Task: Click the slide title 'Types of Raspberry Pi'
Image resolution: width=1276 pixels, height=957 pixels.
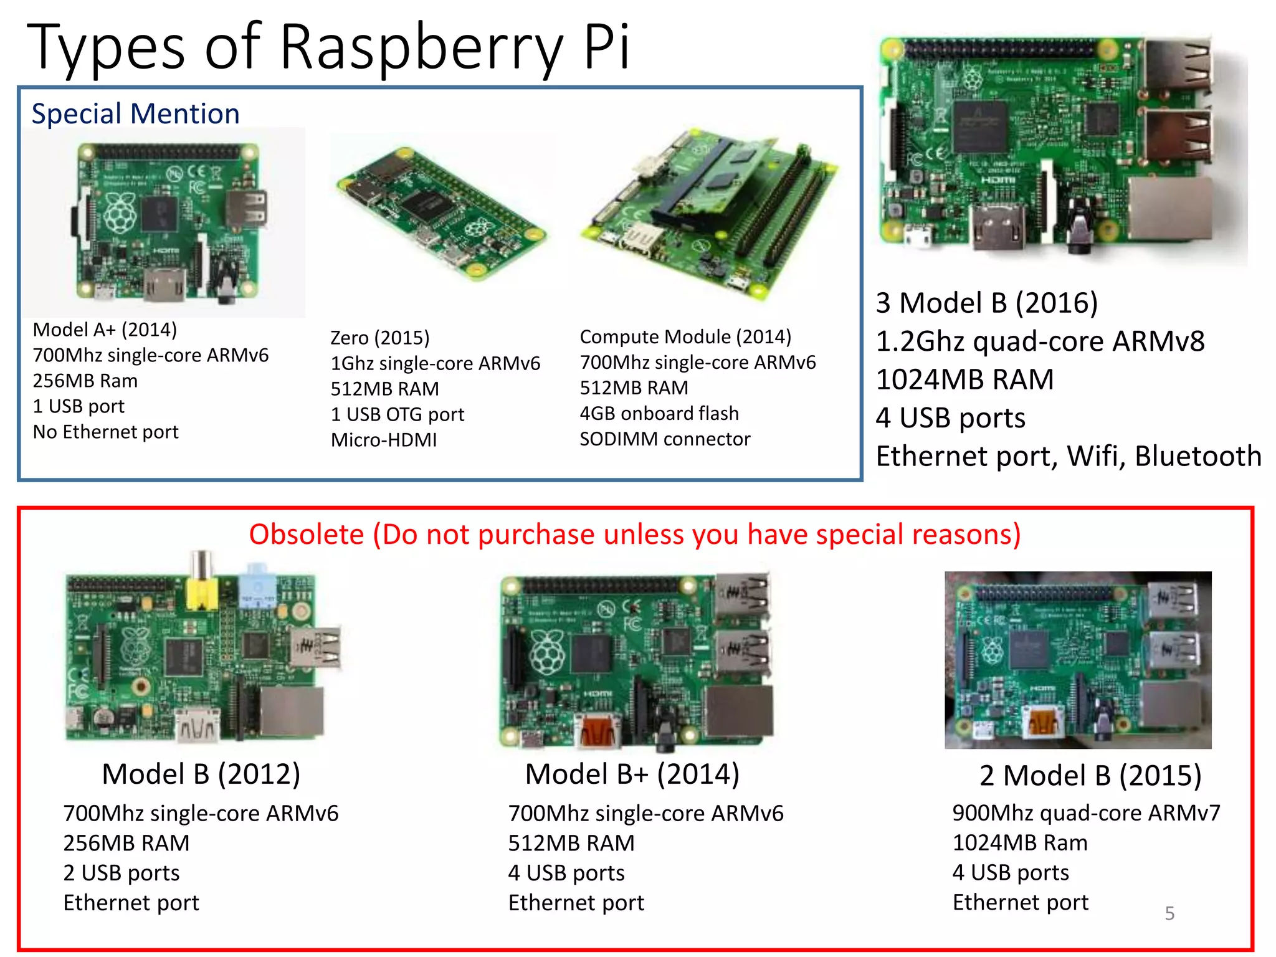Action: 328,47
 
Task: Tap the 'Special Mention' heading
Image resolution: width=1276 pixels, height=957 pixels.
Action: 135,114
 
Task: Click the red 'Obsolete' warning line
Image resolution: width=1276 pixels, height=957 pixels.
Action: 634,535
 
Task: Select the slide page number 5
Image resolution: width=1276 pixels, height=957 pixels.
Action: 1169,913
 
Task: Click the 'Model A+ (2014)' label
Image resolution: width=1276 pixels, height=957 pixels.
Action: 105,330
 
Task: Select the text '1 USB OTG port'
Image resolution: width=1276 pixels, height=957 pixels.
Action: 398,414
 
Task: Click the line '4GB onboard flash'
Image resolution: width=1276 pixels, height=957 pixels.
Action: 659,413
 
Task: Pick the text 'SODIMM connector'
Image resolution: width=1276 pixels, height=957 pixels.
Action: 665,439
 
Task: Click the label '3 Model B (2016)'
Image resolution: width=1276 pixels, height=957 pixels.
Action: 986,303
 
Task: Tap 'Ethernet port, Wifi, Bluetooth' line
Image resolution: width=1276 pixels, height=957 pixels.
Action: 1068,456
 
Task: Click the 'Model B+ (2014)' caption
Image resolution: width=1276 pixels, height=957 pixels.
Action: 632,774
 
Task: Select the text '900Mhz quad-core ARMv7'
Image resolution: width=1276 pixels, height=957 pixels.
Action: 1086,813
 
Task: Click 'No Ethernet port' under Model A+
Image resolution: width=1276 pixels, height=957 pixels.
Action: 105,432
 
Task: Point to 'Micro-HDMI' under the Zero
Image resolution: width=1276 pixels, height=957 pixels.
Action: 384,440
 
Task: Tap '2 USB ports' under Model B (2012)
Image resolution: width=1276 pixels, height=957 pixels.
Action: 121,873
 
